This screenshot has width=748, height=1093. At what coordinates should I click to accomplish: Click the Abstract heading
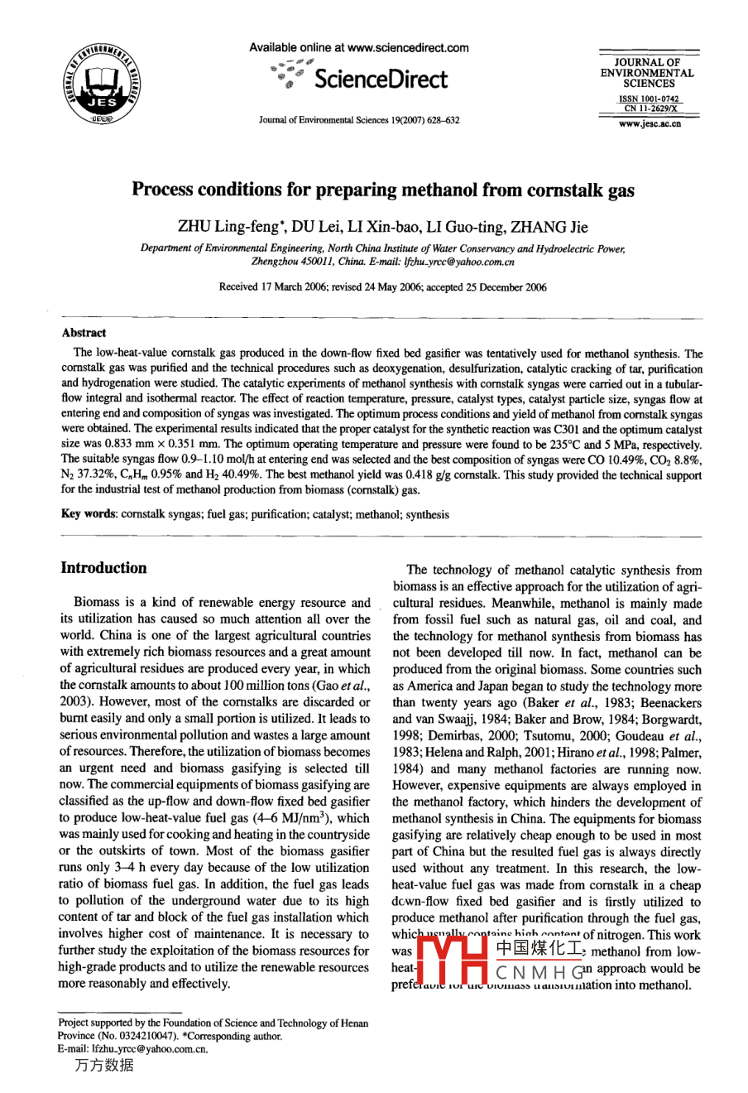click(84, 333)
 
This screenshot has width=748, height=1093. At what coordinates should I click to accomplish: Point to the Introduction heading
click(103, 568)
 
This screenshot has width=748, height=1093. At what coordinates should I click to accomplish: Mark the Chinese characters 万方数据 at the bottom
click(103, 1066)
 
